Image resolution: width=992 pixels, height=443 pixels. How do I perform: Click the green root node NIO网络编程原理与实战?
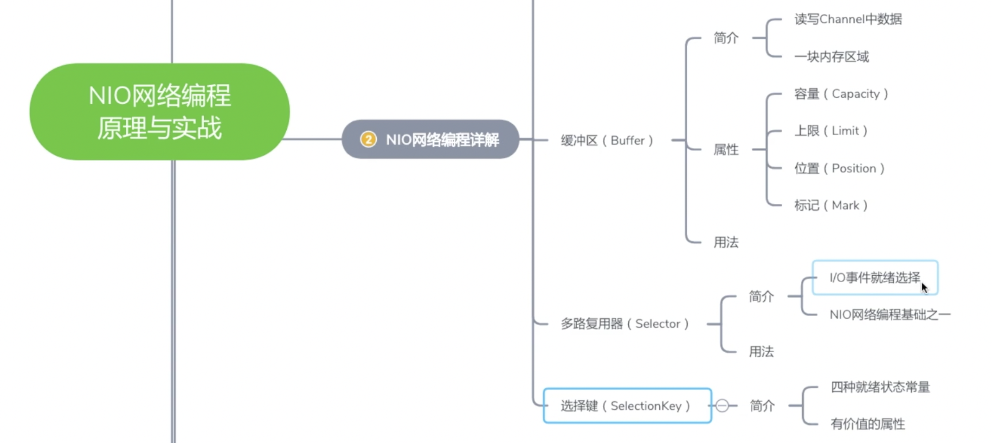click(x=159, y=112)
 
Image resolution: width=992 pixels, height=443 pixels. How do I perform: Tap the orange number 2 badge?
click(x=368, y=139)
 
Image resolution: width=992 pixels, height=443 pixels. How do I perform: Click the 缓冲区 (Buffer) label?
click(x=606, y=140)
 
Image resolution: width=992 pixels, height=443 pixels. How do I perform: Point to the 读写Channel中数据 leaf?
click(x=848, y=19)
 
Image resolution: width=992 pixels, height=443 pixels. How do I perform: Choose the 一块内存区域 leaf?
click(x=831, y=57)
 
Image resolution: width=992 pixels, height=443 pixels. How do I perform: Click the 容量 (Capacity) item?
click(x=841, y=94)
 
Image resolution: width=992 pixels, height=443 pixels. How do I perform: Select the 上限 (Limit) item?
click(x=831, y=131)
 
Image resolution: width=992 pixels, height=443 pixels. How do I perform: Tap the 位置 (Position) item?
click(x=839, y=168)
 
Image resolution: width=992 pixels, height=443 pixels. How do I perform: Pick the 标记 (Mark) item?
click(x=831, y=205)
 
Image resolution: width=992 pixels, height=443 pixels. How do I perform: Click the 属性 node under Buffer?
click(x=726, y=150)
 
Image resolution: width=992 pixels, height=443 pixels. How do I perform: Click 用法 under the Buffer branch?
click(x=726, y=242)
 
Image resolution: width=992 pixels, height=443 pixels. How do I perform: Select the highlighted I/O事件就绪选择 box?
click(x=875, y=278)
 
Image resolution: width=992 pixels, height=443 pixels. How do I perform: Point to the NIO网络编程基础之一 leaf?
click(x=889, y=315)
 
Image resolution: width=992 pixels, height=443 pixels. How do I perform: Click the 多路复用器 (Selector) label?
click(x=624, y=324)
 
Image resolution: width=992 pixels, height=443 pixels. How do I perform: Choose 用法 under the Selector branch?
click(x=761, y=352)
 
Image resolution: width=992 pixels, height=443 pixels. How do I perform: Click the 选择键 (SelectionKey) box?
click(x=626, y=406)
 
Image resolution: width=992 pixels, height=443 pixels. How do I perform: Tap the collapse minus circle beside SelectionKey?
click(x=722, y=406)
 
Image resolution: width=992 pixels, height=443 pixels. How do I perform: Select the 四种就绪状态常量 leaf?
click(x=880, y=387)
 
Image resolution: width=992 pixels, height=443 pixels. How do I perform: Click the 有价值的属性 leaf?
click(x=868, y=424)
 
